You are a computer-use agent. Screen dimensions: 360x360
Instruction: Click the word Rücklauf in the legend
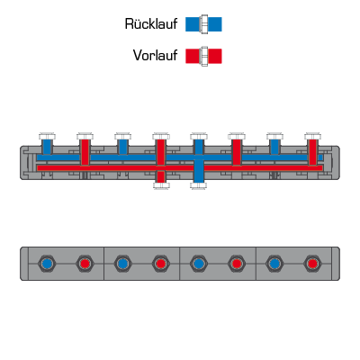151,24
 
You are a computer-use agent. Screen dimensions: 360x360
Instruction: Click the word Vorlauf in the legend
155,56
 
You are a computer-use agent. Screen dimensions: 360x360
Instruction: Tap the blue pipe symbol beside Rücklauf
203,24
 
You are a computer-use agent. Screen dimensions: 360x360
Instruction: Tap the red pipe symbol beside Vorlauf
203,56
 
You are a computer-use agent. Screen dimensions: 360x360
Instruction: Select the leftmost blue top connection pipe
47,147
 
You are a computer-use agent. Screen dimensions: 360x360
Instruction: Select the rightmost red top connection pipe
312,152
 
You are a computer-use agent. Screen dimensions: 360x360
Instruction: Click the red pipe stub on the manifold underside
161,176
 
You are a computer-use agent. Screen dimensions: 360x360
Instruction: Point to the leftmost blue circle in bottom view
47,264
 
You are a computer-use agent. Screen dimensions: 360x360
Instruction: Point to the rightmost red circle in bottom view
312,264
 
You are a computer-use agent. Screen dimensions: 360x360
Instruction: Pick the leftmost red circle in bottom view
85,264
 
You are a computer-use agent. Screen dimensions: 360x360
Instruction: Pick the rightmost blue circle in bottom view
274,264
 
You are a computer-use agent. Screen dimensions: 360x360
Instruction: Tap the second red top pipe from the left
161,152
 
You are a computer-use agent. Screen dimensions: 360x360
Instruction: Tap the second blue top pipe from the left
122,147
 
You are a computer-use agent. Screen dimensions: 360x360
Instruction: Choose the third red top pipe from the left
237,152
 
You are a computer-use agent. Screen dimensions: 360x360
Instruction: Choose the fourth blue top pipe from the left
274,147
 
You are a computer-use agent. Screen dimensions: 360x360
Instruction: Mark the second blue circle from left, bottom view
122,264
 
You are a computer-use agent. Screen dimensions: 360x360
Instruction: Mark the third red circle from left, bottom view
237,264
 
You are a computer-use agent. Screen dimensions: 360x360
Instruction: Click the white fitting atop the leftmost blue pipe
47,136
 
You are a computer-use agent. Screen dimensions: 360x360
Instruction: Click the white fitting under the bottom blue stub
199,185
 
